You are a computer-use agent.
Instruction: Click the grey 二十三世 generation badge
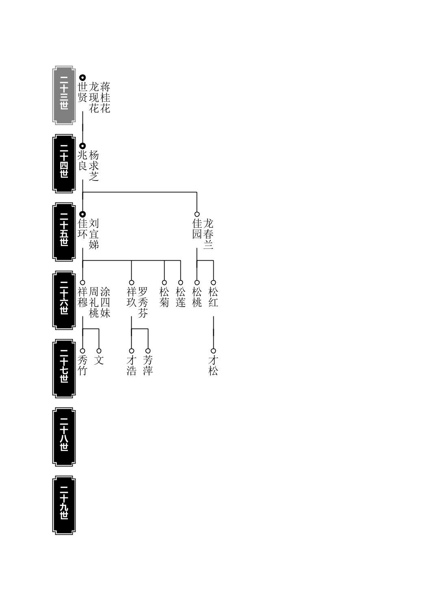[64, 95]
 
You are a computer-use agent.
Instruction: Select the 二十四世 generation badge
[64, 163]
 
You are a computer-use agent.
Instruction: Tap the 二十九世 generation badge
[64, 505]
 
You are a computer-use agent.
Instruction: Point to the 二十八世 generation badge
[64, 437]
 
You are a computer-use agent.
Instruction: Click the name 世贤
[82, 92]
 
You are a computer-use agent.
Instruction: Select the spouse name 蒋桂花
[105, 98]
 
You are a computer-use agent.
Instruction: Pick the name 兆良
[82, 161]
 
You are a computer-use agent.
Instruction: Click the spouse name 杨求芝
[94, 166]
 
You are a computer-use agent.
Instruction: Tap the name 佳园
[197, 229]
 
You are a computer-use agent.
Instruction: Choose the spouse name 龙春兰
[208, 234]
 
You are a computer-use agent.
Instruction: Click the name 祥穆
[82, 297]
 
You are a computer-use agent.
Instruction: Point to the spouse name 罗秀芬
[143, 303]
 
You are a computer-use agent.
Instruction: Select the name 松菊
[164, 297]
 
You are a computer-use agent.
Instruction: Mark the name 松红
[213, 297]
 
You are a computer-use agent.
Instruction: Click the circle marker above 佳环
[82, 214]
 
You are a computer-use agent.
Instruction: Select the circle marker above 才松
[213, 351]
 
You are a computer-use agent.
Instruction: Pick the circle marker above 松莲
[180, 283]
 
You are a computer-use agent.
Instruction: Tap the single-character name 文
[99, 360]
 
